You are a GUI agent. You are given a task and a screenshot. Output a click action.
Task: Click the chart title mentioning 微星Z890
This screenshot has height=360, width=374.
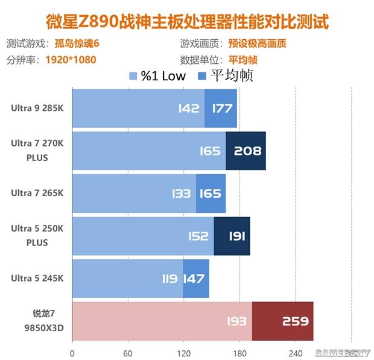pos(188,23)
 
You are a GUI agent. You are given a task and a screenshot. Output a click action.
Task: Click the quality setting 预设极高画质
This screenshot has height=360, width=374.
pos(256,45)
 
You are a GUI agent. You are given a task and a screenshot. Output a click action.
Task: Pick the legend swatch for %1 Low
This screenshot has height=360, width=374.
pos(133,76)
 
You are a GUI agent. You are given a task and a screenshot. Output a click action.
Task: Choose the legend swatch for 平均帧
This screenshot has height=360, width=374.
pos(201,76)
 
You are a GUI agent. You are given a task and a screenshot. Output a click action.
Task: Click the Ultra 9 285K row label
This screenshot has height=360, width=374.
pos(37,109)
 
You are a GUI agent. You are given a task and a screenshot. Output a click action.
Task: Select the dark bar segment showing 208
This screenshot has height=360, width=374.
pos(246,151)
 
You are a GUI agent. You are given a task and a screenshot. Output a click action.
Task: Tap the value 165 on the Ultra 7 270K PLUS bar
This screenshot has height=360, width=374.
pos(210,151)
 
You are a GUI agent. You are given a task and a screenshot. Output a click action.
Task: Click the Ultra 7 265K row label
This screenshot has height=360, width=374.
pos(37,194)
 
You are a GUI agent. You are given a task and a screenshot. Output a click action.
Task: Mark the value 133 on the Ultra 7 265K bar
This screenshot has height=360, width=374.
pos(181,194)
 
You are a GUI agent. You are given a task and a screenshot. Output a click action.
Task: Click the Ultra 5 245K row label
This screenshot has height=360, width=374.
pos(37,278)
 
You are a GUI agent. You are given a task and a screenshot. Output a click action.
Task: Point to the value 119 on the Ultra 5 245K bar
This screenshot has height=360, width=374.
pos(170,279)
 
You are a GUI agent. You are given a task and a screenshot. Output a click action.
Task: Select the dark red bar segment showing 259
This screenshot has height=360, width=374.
pos(283,321)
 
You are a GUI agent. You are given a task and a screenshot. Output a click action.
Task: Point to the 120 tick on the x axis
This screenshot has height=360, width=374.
pos(183,353)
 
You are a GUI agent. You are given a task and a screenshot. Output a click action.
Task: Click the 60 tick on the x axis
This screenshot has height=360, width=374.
pos(128,353)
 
